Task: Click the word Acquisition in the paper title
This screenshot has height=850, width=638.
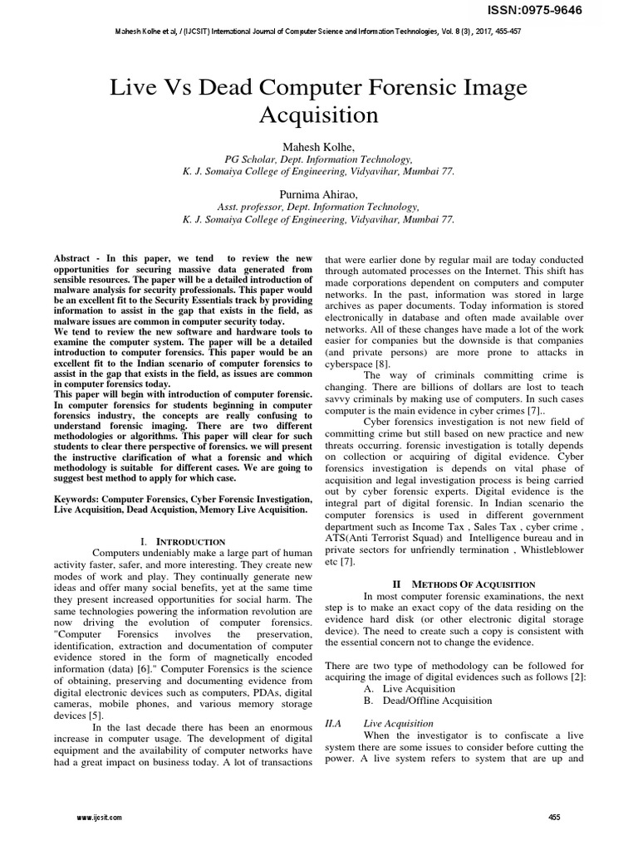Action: (318, 114)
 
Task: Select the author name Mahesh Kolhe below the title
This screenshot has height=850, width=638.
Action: (318, 146)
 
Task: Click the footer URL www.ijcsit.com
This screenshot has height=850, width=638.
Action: (99, 818)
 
